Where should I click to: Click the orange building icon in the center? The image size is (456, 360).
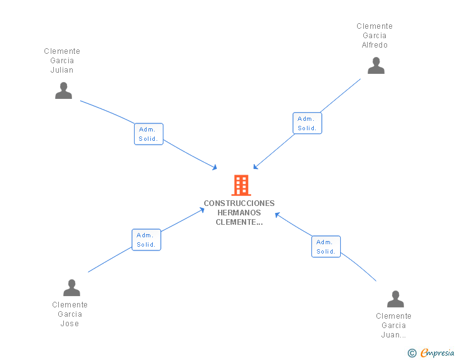coord(241,185)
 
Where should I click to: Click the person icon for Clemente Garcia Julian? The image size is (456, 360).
coord(63,91)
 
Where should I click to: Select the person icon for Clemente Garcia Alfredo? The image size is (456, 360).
coord(376,66)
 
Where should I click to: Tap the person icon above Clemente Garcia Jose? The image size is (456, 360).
coord(71,288)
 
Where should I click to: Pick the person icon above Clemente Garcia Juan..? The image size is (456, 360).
coord(395,299)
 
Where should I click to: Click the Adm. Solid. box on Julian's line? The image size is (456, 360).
coord(148,134)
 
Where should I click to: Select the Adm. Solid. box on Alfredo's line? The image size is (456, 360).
coord(307,123)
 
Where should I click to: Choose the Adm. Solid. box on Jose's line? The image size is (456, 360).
coord(146,240)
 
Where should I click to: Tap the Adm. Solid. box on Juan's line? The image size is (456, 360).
coord(326,247)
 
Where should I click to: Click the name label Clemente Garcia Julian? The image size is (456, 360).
coord(62,61)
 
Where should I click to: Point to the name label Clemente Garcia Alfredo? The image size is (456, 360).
coord(375,36)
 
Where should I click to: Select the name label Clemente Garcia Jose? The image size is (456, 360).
coord(70,314)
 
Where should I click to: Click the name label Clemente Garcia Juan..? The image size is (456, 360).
coord(393,326)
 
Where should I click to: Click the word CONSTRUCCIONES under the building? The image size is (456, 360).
coord(239,203)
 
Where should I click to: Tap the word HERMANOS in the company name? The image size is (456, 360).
coord(239,213)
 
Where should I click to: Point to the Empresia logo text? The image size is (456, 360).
coord(437,354)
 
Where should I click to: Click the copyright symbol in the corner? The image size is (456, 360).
coord(412,354)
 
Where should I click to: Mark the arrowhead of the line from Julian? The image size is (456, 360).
coord(215,168)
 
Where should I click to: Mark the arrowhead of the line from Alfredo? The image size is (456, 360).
coord(255,167)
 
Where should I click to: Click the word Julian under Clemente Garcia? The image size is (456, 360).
coord(62,70)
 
